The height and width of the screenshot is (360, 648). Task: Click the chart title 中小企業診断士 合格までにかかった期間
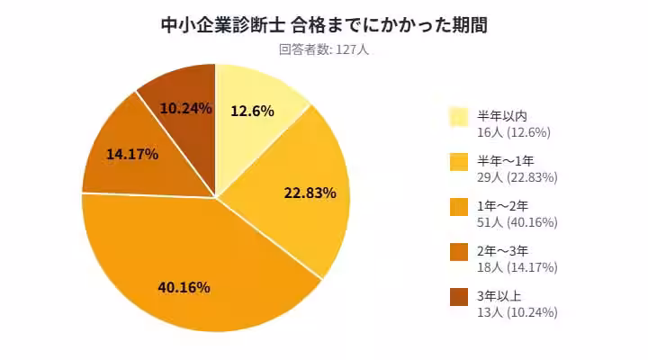[324, 24]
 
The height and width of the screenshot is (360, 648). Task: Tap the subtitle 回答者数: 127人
[324, 49]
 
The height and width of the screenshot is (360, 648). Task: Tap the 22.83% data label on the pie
[310, 193]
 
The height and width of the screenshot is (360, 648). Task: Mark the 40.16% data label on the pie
[184, 287]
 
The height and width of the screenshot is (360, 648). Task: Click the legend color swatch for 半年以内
[459, 116]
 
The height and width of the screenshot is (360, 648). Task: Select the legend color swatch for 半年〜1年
[459, 162]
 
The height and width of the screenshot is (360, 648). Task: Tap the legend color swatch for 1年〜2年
[459, 207]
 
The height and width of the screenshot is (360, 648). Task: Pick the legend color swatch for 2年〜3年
[459, 252]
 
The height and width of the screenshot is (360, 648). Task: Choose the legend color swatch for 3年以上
[459, 297]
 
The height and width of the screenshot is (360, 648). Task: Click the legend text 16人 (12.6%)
[513, 132]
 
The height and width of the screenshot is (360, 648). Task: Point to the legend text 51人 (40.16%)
[517, 222]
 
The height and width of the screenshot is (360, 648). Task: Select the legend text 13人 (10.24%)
[517, 312]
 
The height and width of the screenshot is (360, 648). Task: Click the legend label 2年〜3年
[502, 251]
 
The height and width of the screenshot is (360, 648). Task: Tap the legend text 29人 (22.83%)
[517, 177]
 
